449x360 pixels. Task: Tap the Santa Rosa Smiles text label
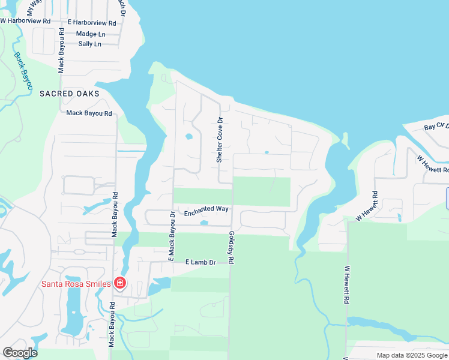click(x=76, y=284)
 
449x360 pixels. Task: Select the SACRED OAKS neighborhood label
click(x=69, y=94)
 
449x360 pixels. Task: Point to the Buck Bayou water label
click(x=23, y=71)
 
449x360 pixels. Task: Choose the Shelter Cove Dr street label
click(x=220, y=140)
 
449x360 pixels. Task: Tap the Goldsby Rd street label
click(x=231, y=248)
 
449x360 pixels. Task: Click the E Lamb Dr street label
click(x=200, y=262)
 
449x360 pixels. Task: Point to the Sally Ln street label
click(x=89, y=44)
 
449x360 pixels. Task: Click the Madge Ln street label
click(x=90, y=34)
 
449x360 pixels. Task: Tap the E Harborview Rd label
click(x=92, y=22)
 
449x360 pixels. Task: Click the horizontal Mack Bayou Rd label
click(x=89, y=113)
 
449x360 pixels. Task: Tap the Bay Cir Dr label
click(x=436, y=127)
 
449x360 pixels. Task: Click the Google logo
click(x=20, y=353)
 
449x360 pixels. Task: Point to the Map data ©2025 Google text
click(x=412, y=355)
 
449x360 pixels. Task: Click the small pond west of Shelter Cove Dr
click(x=189, y=136)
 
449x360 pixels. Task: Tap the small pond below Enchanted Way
click(x=203, y=223)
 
